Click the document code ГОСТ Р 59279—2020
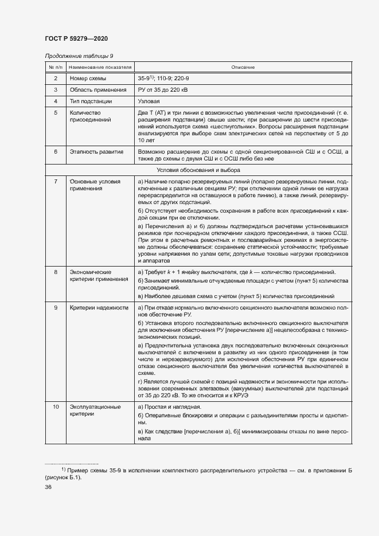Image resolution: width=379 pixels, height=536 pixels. (x=76, y=38)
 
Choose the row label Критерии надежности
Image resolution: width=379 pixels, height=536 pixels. (x=97, y=308)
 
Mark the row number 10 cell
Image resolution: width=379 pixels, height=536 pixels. (x=56, y=406)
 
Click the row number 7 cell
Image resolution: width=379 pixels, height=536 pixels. (x=56, y=181)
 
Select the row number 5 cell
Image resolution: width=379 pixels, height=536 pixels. (x=56, y=113)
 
